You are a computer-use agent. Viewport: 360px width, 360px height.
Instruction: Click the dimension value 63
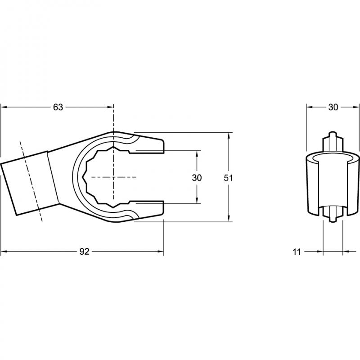tap(58, 107)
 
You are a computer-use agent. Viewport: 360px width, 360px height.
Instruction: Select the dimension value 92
tap(84, 252)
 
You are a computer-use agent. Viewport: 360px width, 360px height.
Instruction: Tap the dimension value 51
tap(229, 178)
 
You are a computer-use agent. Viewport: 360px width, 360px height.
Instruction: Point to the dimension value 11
tap(297, 252)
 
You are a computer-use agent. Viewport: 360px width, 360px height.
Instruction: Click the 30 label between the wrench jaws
tap(197, 178)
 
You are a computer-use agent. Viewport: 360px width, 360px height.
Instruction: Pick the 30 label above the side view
tap(333, 107)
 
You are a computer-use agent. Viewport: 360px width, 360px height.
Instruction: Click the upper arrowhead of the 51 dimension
tap(229, 136)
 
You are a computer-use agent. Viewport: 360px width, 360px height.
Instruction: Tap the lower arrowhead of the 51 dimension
tap(229, 218)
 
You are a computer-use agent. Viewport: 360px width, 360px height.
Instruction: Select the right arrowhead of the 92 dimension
tap(160, 252)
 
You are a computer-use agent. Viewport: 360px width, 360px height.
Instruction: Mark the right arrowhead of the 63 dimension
tap(110, 107)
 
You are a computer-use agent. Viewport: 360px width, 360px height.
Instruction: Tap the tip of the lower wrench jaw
tap(163, 208)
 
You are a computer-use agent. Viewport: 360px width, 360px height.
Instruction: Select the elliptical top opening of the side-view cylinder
tap(333, 158)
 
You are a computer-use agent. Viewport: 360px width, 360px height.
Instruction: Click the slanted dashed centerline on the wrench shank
tap(31, 181)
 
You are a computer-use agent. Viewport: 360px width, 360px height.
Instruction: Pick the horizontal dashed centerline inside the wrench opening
tap(114, 177)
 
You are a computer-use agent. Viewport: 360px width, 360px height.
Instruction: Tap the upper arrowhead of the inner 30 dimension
tap(197, 154)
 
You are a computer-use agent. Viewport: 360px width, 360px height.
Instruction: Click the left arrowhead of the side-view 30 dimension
tap(310, 107)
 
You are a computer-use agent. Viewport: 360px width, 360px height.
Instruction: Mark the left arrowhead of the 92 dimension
tap(4, 252)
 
